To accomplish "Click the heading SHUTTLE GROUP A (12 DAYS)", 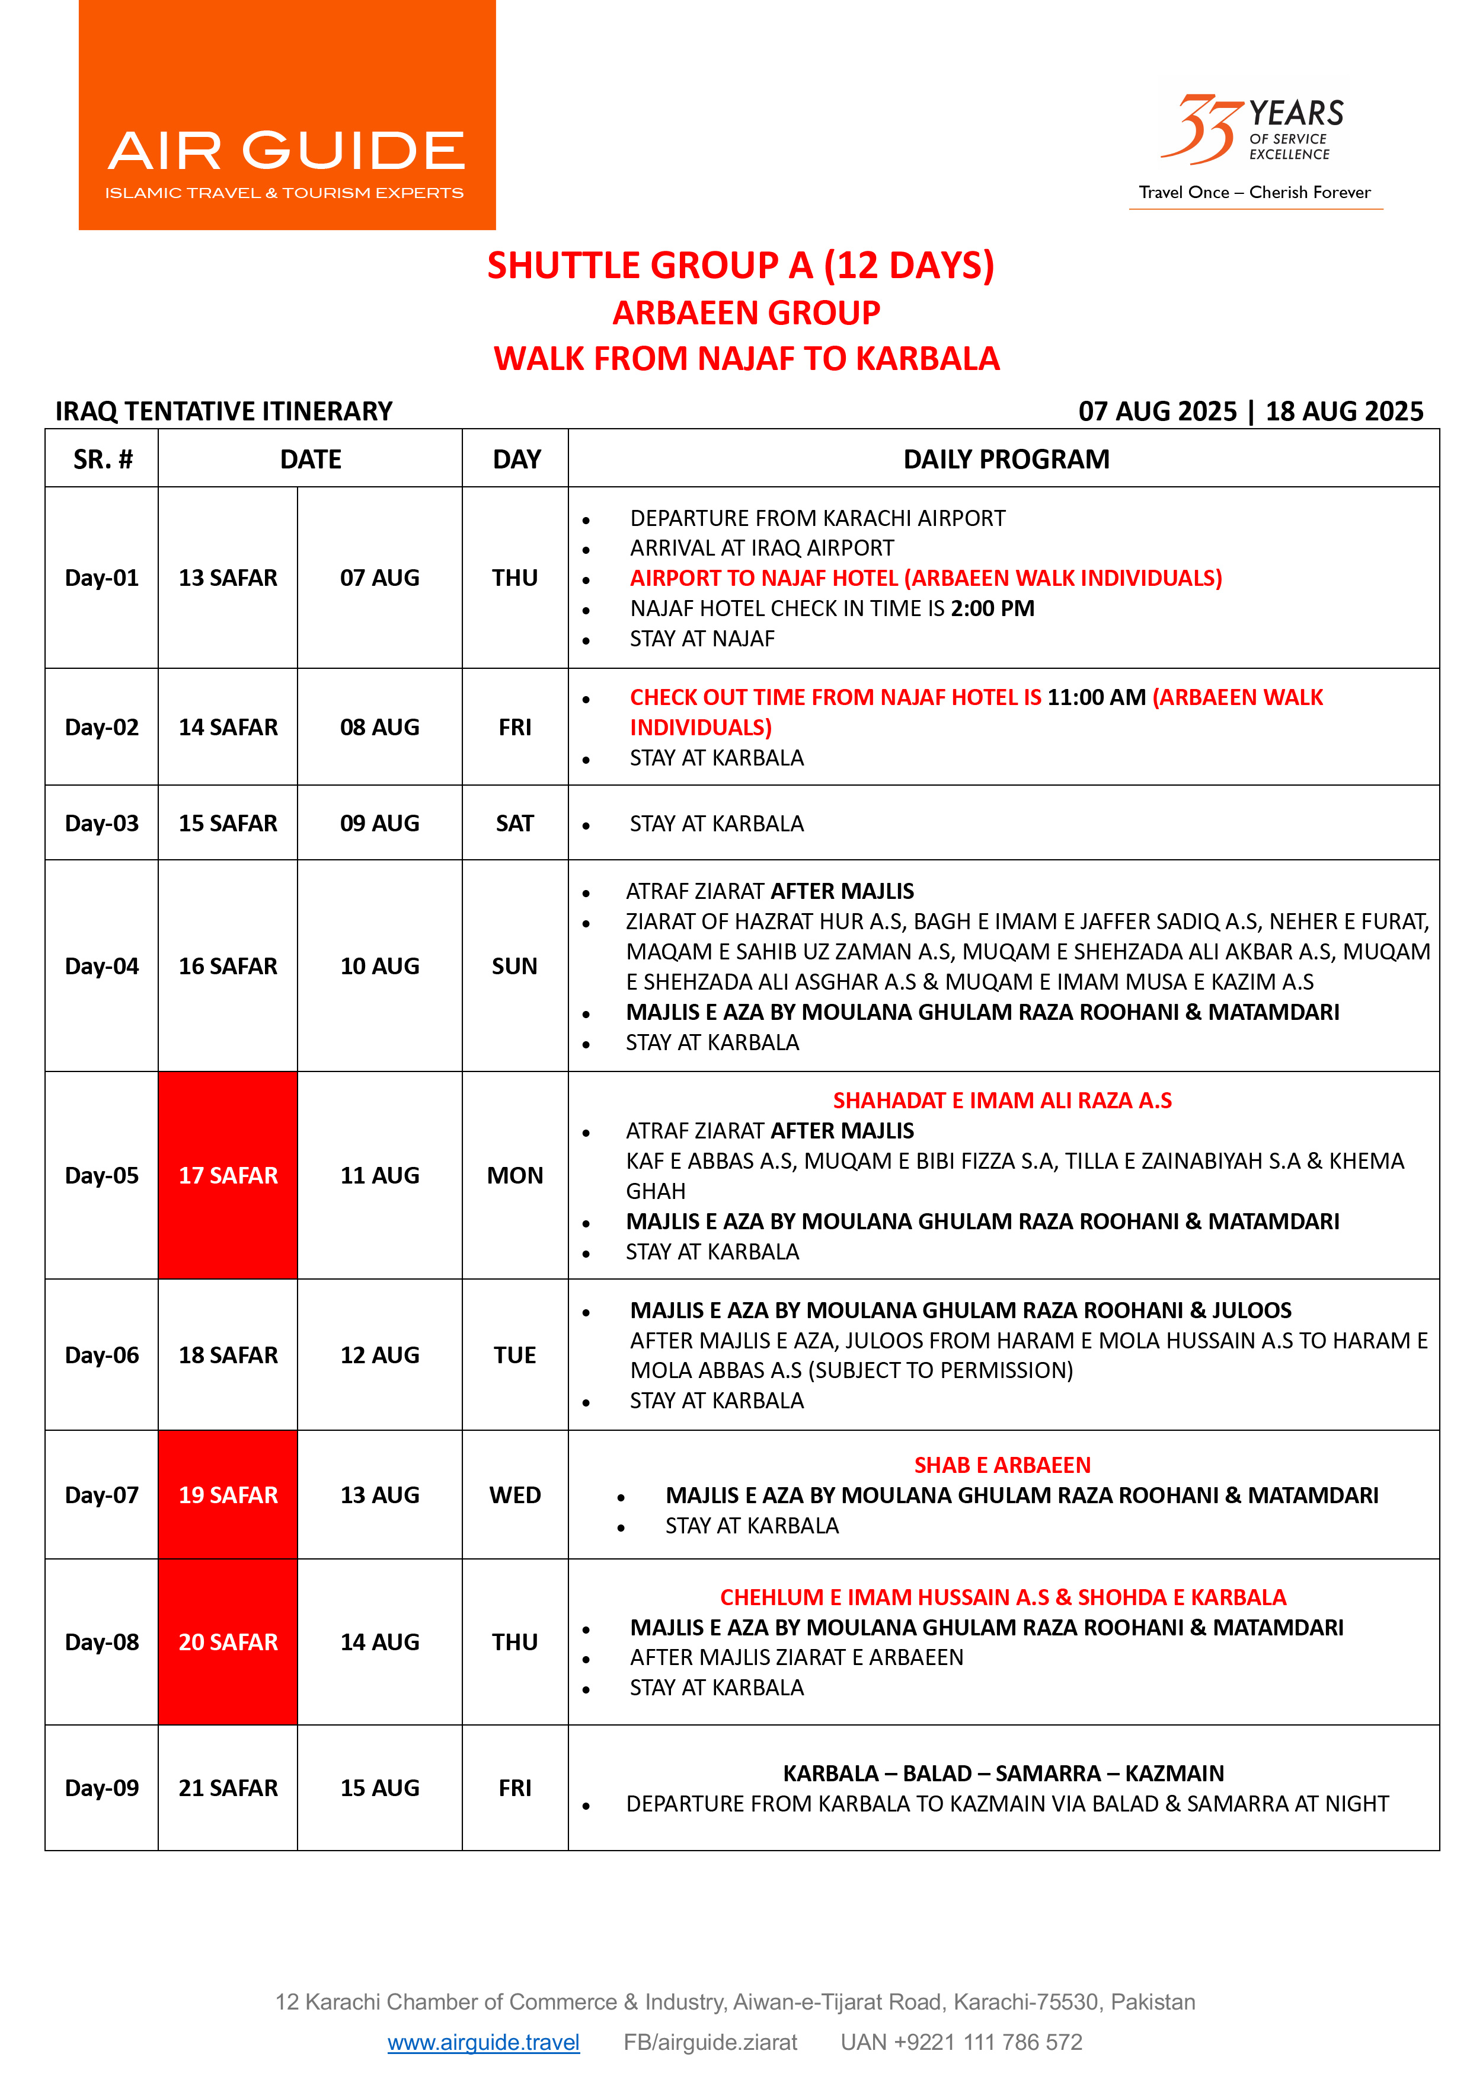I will (x=740, y=265).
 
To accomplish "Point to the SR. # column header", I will (x=103, y=459).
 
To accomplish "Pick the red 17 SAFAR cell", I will (x=228, y=1175).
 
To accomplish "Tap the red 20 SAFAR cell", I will (x=228, y=1641).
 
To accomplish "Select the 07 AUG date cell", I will (x=379, y=578).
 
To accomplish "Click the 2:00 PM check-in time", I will (x=992, y=608).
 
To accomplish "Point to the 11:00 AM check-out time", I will (x=1096, y=697).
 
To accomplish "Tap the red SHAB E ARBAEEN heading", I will (x=1002, y=1465).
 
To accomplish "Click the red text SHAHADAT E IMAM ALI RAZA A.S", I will (x=1002, y=1100).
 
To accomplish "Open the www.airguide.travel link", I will (x=483, y=2042).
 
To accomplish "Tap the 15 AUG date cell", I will (x=379, y=1788).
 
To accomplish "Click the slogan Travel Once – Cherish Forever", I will (x=1255, y=192).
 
